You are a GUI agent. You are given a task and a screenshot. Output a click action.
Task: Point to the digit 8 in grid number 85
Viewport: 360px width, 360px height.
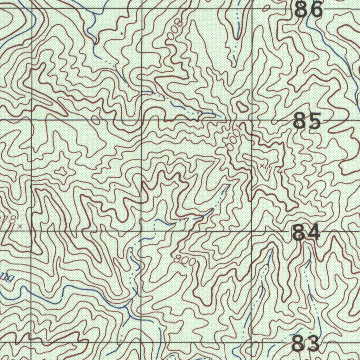[x=300, y=121]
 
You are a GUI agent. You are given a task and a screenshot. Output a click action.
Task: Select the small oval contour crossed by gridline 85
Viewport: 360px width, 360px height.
[x=95, y=120]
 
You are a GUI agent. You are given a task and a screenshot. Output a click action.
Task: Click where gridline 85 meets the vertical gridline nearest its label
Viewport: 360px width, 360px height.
[x=252, y=120]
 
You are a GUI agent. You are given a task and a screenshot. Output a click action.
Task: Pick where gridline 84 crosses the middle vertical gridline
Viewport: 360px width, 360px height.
[x=142, y=231]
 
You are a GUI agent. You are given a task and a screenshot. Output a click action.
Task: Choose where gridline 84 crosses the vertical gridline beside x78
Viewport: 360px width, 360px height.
[x=32, y=231]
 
